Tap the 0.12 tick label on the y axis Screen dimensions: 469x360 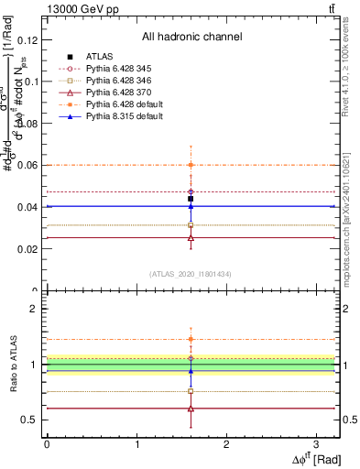[29, 39]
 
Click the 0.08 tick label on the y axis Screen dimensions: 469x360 [29, 123]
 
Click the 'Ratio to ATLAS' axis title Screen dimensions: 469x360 [12, 364]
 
